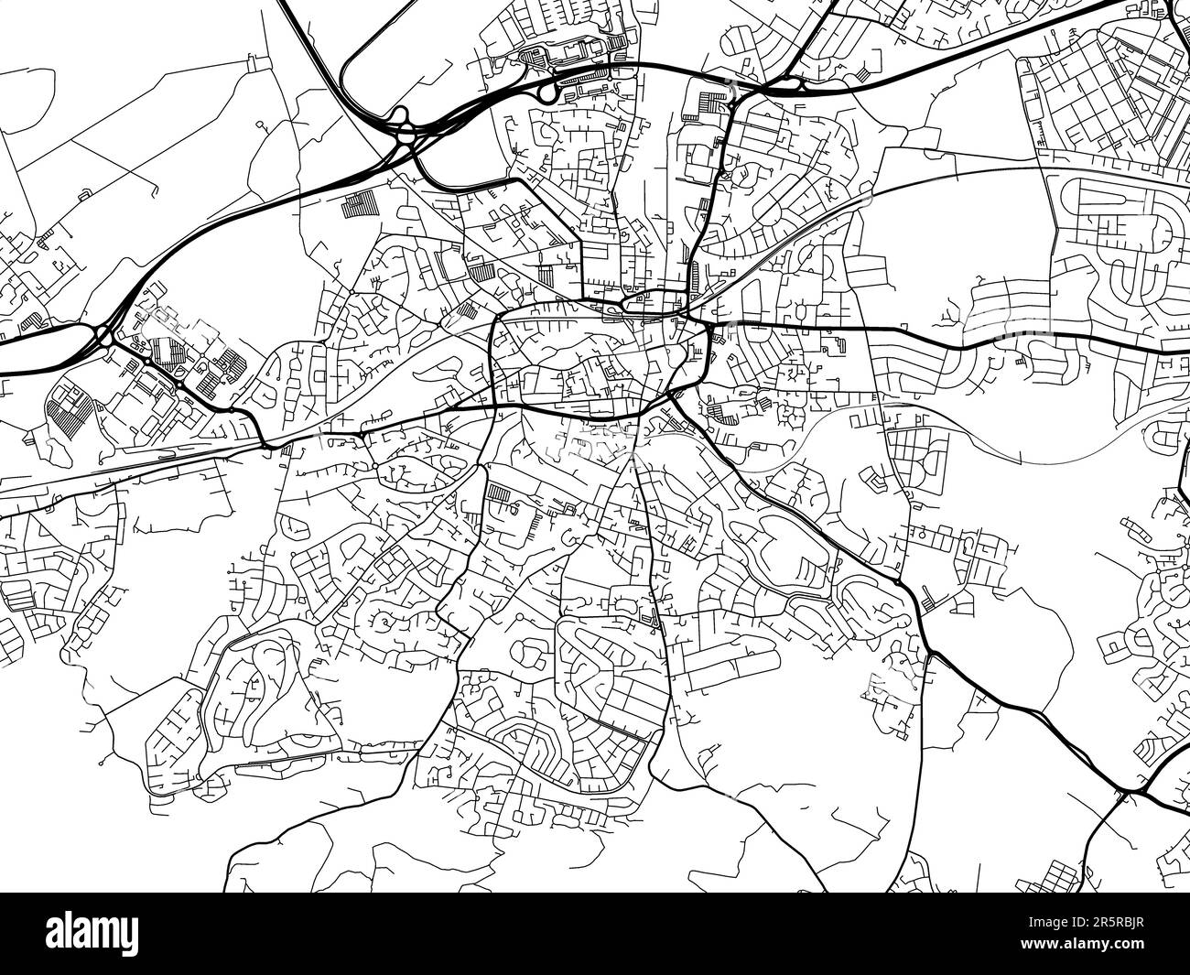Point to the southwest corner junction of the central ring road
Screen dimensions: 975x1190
(x=495, y=404)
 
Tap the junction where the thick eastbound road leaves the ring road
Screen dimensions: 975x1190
(x=707, y=324)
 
